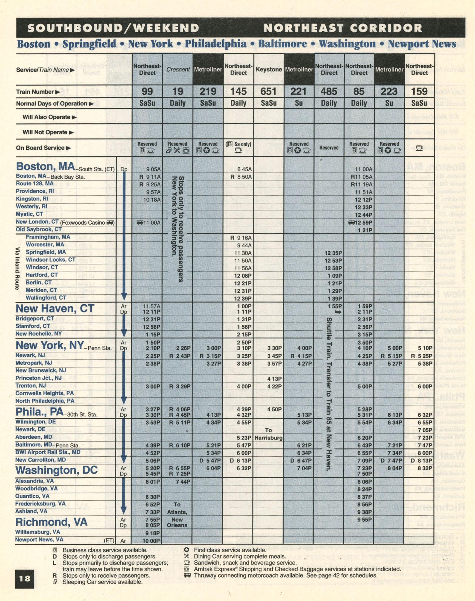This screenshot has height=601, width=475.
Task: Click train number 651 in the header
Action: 268,91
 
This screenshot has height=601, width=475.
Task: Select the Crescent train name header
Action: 178,70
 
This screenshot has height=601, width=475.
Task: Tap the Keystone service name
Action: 269,70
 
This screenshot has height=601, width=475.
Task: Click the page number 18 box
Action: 24,578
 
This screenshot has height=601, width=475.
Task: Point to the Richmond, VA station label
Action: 51,522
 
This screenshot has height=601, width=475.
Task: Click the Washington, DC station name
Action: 56,470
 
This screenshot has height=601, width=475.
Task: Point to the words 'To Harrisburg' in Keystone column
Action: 268,434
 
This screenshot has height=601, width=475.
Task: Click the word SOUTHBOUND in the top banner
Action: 75,28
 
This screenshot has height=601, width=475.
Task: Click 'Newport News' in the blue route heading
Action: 422,44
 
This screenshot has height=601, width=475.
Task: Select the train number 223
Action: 389,91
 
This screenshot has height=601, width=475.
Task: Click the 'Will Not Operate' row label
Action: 45,132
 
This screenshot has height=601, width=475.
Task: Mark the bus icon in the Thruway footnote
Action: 187,575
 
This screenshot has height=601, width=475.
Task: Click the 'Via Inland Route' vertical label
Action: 18,268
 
